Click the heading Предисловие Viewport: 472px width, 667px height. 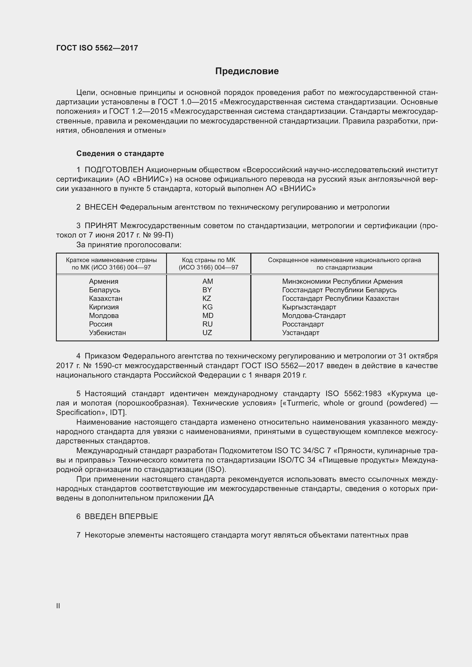[247, 71]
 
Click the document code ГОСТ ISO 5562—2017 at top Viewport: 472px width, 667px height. [97, 48]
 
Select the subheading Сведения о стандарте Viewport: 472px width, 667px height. [120, 153]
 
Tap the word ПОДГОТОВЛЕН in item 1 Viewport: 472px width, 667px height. [114, 170]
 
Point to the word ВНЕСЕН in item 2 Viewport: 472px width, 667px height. [101, 207]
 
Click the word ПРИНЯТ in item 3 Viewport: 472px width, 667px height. [101, 226]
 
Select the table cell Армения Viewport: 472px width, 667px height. [104, 281]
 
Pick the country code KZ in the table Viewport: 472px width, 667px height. [207, 298]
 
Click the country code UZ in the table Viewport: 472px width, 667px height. [207, 333]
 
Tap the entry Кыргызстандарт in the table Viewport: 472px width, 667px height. [309, 307]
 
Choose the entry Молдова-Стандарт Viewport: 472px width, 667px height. [314, 315]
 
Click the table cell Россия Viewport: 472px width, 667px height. [100, 324]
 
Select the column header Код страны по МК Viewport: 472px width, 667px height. [208, 260]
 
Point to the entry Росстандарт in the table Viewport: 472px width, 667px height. [303, 324]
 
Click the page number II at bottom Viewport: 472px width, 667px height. [58, 606]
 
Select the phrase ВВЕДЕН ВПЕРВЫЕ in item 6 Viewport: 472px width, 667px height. [121, 516]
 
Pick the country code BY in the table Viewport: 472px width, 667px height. [207, 290]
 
